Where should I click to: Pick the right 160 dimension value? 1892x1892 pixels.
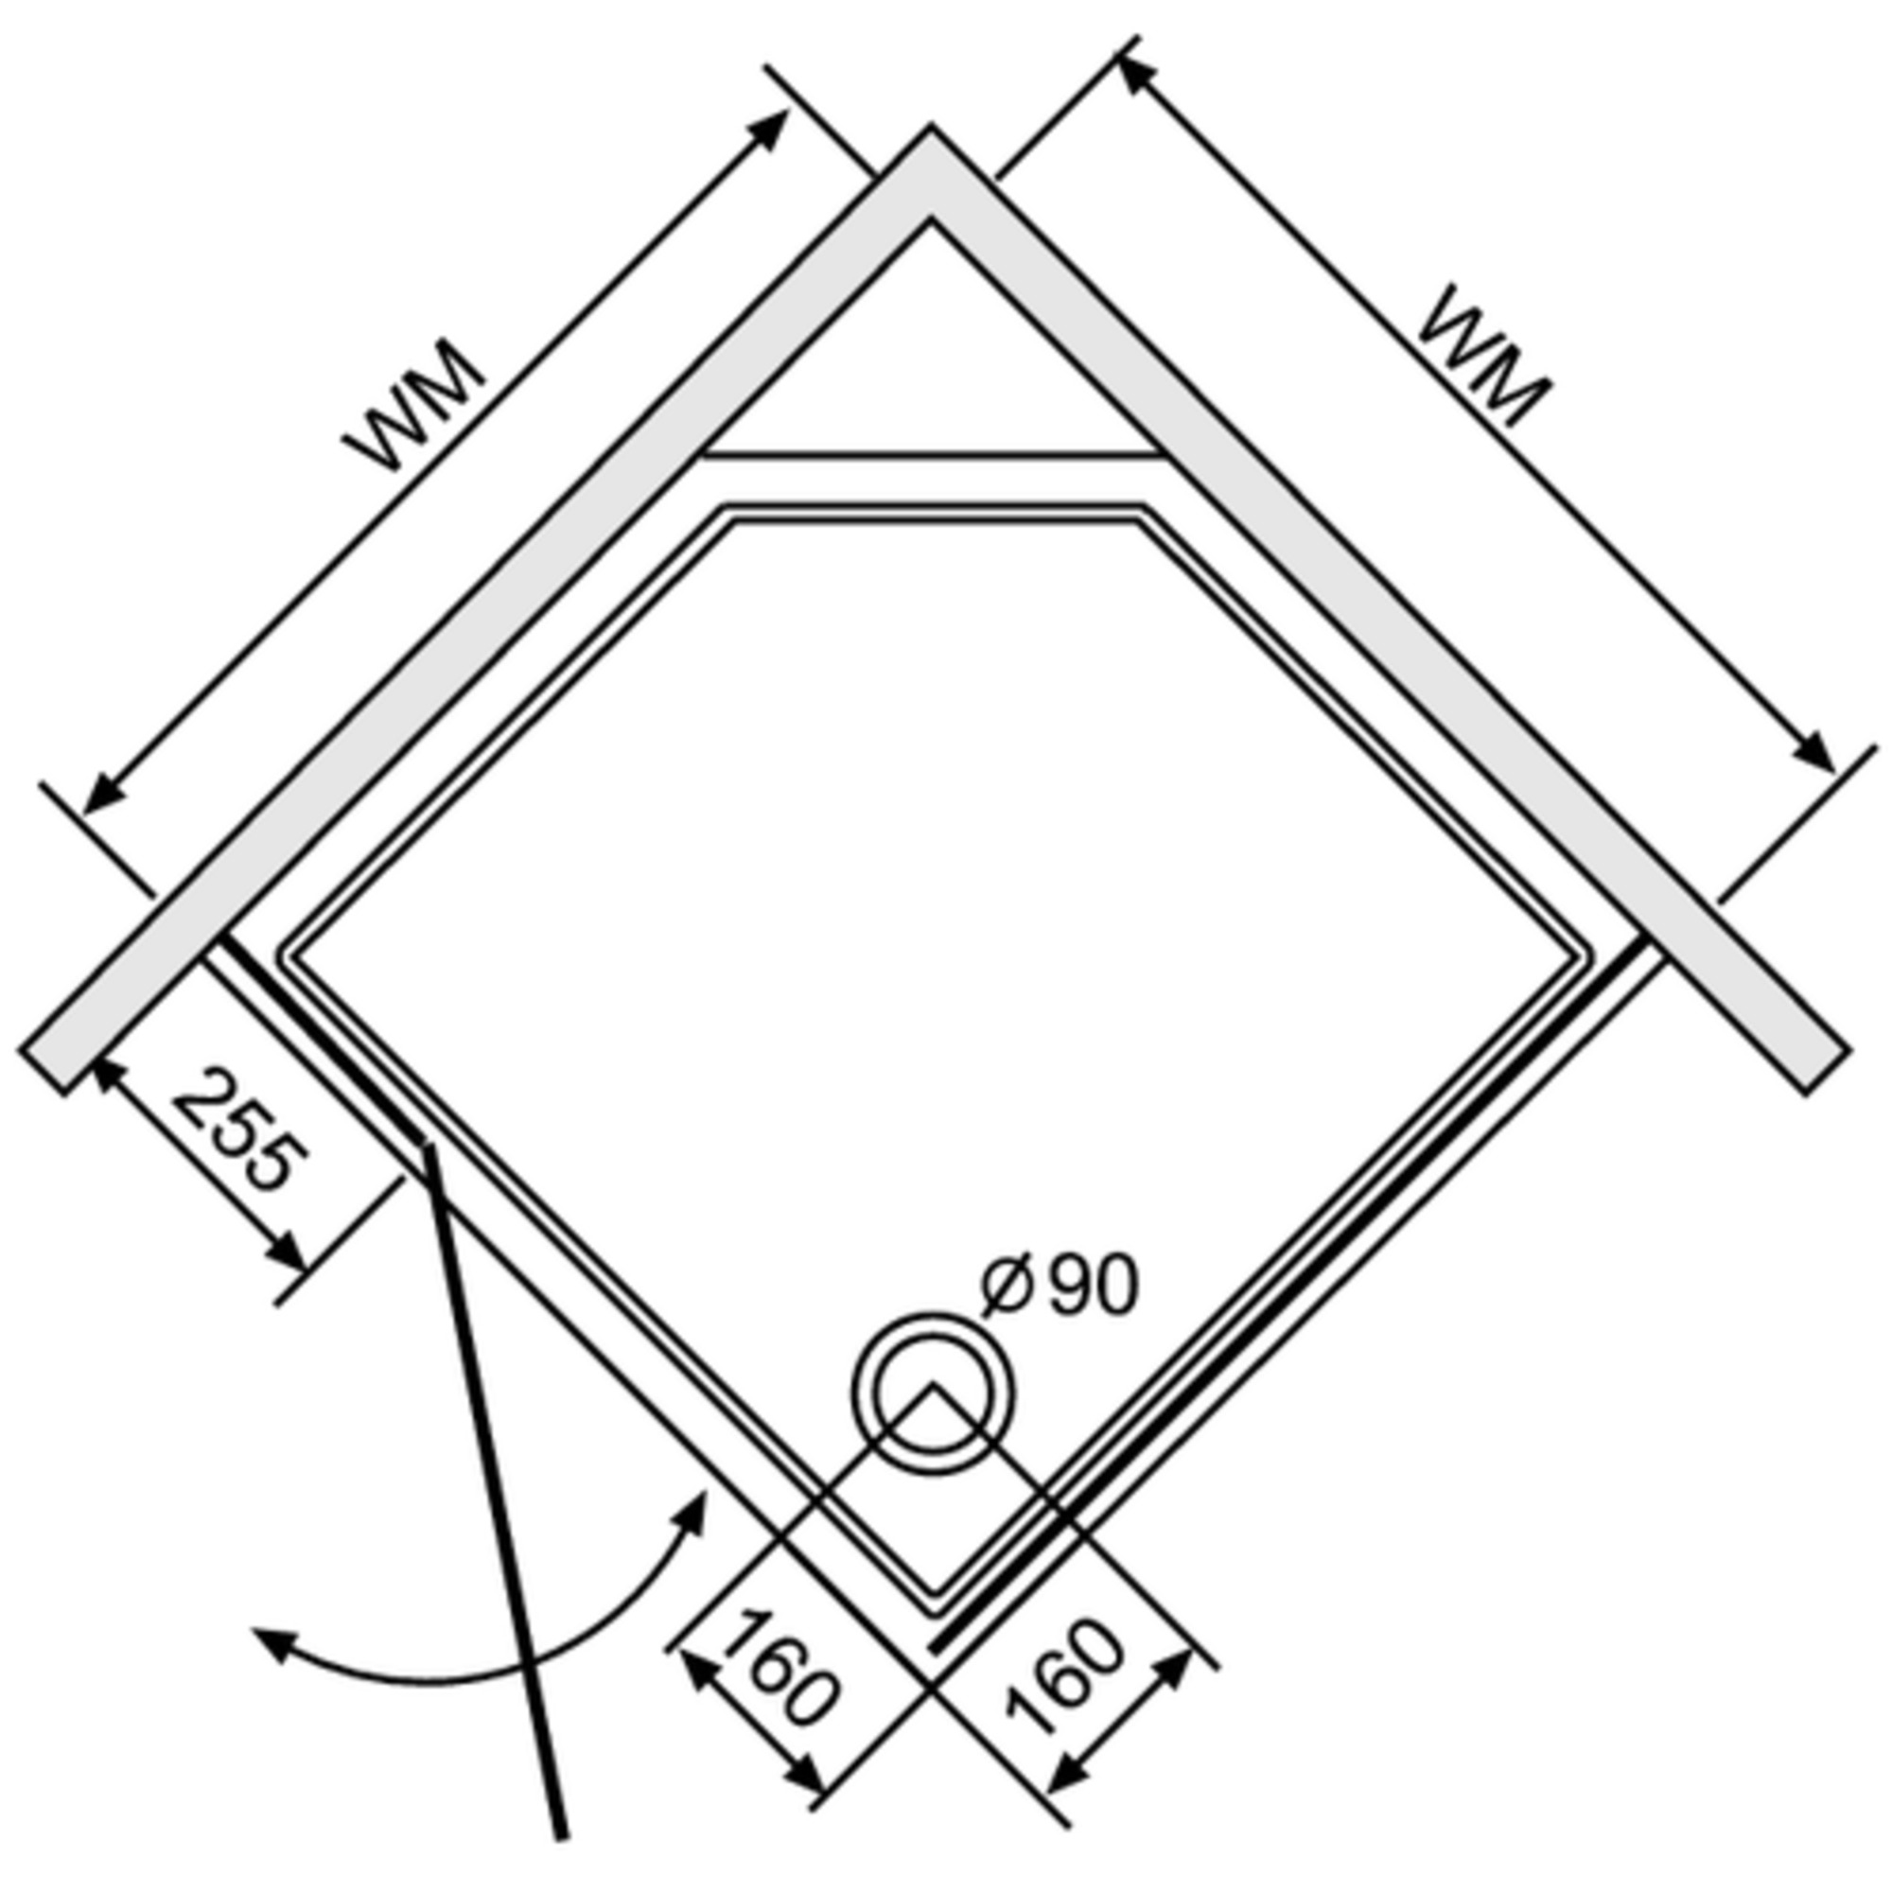pyautogui.click(x=1063, y=1676)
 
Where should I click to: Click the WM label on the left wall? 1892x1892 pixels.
pyautogui.click(x=415, y=406)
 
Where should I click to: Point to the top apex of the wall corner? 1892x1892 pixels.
pyautogui.click(x=930, y=128)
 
